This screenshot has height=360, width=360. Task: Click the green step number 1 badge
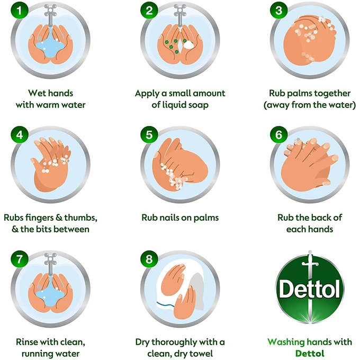pyautogui.click(x=20, y=11)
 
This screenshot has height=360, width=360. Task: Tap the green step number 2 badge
pyautogui.click(x=149, y=11)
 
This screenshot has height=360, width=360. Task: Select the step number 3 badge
pyautogui.click(x=278, y=11)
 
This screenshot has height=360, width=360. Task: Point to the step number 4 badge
pyautogui.click(x=20, y=135)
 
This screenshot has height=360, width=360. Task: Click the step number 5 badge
pyautogui.click(x=149, y=135)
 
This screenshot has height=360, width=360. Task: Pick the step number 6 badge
pyautogui.click(x=278, y=135)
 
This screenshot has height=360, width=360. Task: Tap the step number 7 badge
pyautogui.click(x=20, y=259)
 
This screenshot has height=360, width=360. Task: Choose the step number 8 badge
pyautogui.click(x=149, y=259)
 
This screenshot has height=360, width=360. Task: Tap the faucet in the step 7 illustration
pyautogui.click(x=50, y=264)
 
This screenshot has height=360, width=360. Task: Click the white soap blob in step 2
pyautogui.click(x=188, y=44)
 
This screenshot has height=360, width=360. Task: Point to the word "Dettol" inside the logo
pyautogui.click(x=310, y=289)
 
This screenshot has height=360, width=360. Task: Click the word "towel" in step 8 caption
pyautogui.click(x=201, y=354)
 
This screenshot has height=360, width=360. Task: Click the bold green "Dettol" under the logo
pyautogui.click(x=310, y=354)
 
